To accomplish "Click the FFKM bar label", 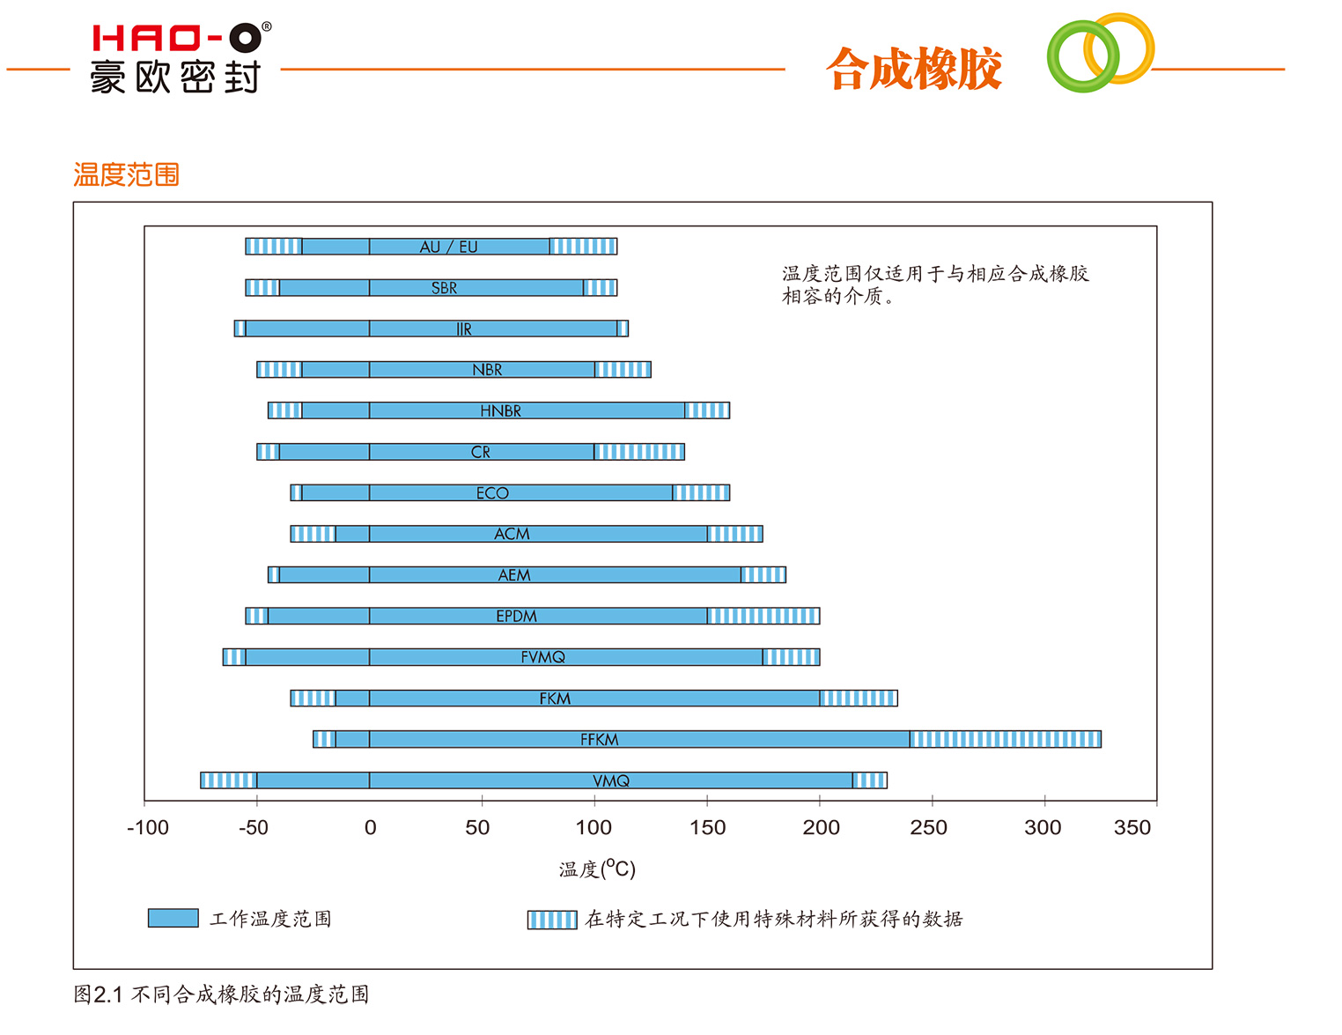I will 599,739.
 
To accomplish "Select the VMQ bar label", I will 610,780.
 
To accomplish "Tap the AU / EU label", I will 448,247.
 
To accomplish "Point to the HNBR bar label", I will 500,410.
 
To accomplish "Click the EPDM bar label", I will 516,616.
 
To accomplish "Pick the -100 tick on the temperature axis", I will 147,827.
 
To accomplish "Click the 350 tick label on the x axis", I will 1132,827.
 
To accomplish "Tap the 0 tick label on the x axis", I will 370,827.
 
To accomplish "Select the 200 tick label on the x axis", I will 821,827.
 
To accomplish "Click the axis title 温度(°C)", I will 597,869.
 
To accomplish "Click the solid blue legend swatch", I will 173,918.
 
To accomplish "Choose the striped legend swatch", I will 552,920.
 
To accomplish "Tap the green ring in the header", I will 1081,56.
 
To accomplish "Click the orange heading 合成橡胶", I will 914,69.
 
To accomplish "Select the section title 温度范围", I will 126,174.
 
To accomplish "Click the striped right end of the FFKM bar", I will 1005,739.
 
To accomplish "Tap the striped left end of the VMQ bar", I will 228,780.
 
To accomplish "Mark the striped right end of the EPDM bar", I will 763,616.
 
